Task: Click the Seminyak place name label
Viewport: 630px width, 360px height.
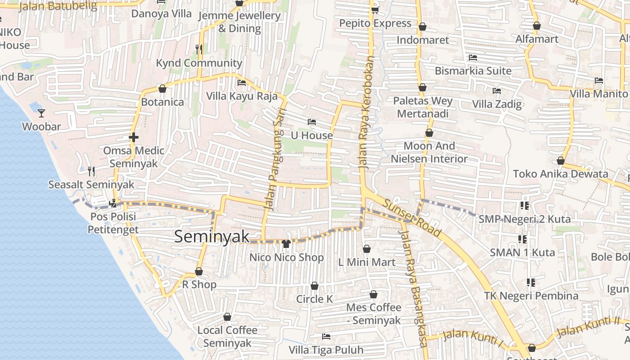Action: pyautogui.click(x=211, y=237)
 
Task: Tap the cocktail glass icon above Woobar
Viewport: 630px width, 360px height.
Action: pyautogui.click(x=41, y=113)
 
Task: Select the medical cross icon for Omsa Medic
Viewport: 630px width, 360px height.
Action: pyautogui.click(x=134, y=137)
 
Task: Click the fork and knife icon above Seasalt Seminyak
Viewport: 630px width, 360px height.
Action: pyautogui.click(x=91, y=171)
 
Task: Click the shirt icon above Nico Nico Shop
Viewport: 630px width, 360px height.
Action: pyautogui.click(x=286, y=244)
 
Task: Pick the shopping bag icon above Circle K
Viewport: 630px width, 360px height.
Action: pyautogui.click(x=315, y=286)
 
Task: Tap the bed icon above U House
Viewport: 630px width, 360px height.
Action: pyautogui.click(x=311, y=122)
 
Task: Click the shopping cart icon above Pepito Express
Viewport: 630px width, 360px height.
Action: pyautogui.click(x=375, y=9)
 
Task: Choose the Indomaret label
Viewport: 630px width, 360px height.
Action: pyautogui.click(x=423, y=40)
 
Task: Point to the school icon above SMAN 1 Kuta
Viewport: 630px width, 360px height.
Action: pyautogui.click(x=522, y=239)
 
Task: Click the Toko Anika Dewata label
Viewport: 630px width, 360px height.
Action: pyautogui.click(x=560, y=174)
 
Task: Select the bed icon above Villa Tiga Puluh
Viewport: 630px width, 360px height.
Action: pyautogui.click(x=326, y=337)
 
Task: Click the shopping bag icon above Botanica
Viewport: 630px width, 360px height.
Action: pyautogui.click(x=162, y=89)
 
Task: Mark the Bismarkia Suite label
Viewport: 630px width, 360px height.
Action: pyautogui.click(x=473, y=71)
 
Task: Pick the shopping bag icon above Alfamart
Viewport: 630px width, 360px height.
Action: pyautogui.click(x=536, y=26)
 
